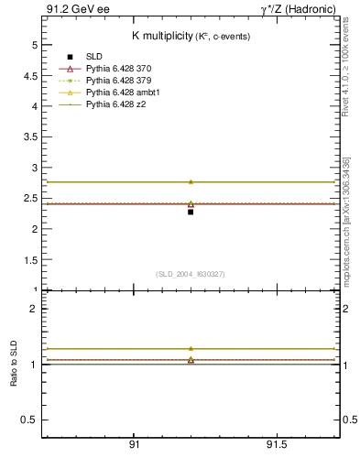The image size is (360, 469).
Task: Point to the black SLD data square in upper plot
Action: pyautogui.click(x=191, y=212)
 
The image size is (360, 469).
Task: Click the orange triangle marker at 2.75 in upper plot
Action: pyautogui.click(x=191, y=181)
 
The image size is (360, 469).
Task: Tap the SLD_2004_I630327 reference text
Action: pyautogui.click(x=191, y=274)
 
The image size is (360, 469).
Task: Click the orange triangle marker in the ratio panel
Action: pyautogui.click(x=191, y=348)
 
